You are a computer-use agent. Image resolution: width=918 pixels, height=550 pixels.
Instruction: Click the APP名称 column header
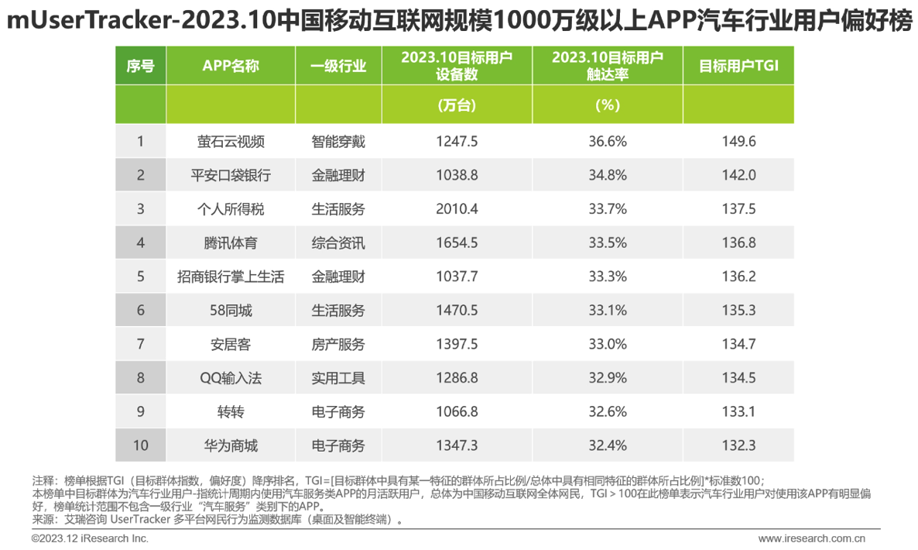231,66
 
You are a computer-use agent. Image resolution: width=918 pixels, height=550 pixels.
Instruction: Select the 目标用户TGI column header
738,66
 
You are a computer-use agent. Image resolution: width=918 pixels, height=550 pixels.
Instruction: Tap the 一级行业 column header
338,66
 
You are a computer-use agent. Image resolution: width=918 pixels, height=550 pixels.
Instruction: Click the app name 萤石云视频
231,142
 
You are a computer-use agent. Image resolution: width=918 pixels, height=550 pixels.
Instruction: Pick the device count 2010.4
457,209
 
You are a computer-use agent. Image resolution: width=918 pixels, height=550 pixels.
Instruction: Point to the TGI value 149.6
738,142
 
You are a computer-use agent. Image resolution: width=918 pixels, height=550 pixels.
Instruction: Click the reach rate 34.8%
607,175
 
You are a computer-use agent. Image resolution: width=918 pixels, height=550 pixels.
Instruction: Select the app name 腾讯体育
231,243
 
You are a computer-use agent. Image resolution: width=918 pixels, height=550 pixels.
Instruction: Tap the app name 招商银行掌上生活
231,277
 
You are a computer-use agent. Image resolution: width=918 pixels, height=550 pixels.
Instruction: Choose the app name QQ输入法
231,379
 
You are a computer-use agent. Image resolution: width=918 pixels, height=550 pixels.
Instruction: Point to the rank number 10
141,446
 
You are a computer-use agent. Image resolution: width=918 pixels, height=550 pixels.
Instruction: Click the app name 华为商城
231,446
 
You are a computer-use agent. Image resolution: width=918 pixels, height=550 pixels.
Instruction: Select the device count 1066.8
457,412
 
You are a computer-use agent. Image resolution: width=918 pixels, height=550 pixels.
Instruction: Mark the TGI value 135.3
738,311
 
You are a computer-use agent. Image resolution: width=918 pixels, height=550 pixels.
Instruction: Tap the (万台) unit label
457,105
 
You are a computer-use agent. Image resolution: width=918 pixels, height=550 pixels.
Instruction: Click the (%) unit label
607,105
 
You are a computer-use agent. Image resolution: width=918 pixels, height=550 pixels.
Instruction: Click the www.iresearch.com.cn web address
812,538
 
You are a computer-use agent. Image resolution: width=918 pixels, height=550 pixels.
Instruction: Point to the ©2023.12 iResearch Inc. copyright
90,538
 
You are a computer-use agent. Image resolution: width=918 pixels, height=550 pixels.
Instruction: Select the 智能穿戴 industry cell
338,142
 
